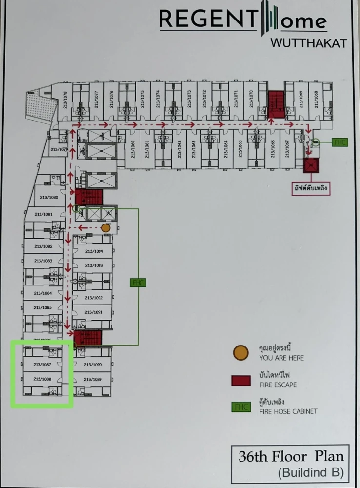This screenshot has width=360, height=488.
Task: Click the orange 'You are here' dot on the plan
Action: coord(106,227)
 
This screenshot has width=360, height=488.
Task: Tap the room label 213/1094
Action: coord(94,251)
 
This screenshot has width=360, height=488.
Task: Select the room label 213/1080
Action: coord(46,198)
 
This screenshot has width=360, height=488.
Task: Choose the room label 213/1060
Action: coord(133,147)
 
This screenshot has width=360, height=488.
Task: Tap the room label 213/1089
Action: coord(93,379)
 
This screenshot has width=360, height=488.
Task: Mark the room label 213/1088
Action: coord(42,379)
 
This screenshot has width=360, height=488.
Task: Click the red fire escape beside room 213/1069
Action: coord(276,103)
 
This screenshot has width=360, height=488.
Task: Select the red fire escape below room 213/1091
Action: coord(88,337)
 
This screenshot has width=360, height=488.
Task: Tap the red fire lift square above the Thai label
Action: coord(311,166)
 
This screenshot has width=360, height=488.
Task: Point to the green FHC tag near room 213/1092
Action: coord(138,282)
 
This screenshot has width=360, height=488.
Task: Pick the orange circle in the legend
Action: coord(240,353)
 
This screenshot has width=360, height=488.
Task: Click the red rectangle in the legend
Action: coord(240,380)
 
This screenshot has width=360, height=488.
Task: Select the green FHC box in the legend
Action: coord(240,407)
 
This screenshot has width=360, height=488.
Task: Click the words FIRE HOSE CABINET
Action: coord(288,411)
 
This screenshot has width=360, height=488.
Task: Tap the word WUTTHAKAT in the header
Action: coord(308,43)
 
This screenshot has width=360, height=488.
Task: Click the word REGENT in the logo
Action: coord(208,20)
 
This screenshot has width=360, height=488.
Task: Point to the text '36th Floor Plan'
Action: coord(291,457)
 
